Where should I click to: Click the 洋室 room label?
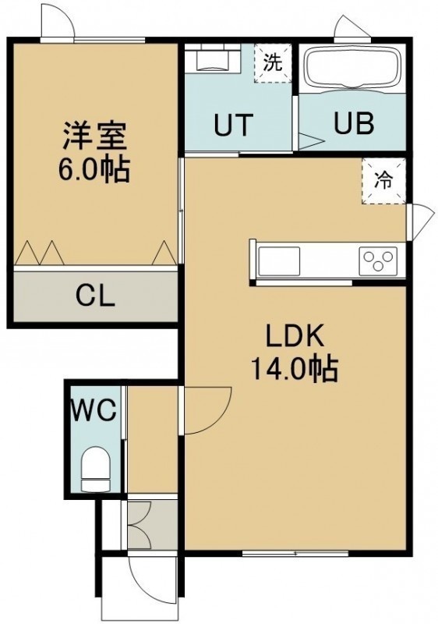coord(94,136)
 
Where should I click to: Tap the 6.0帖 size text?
coord(94,169)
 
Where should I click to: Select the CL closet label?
coord(96,296)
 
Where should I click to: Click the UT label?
coord(233,125)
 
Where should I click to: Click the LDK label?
coord(295,337)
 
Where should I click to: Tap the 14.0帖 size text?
coord(294,368)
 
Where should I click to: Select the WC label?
coord(94,410)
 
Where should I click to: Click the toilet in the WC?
coord(95,469)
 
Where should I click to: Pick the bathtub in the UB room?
coord(352,68)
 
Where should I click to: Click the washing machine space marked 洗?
coord(273,62)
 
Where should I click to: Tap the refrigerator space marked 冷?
coord(383,181)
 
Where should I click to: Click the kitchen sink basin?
coord(280,261)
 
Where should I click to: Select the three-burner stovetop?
coord(378,261)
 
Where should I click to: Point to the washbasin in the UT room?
coord(214,60)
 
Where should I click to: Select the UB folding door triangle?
coord(311,141)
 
